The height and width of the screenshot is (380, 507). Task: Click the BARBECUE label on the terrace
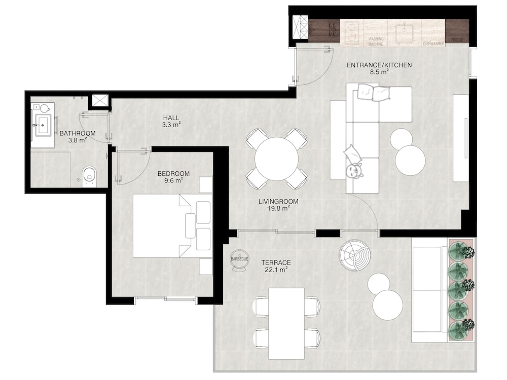point(240,259)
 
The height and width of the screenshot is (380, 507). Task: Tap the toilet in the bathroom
point(89,176)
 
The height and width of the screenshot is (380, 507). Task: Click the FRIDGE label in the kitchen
point(457,40)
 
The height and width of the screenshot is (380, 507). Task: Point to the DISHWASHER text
point(433,44)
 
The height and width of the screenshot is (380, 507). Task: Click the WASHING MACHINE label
point(376,42)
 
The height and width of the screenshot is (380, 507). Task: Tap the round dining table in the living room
point(276,159)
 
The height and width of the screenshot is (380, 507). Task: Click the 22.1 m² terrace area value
point(276,270)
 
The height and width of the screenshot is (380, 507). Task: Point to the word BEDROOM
point(173,173)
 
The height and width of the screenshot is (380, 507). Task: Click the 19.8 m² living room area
point(278,208)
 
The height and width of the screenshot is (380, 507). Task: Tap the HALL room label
point(171,118)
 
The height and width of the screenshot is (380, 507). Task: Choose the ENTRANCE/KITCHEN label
point(379,65)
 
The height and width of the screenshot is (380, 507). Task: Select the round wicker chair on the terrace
point(354,255)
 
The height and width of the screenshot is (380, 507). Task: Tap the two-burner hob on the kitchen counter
point(351,32)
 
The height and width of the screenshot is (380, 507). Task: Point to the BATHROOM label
point(78,133)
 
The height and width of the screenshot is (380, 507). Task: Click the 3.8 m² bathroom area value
point(78,140)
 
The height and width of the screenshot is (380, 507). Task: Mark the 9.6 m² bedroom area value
point(173,181)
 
